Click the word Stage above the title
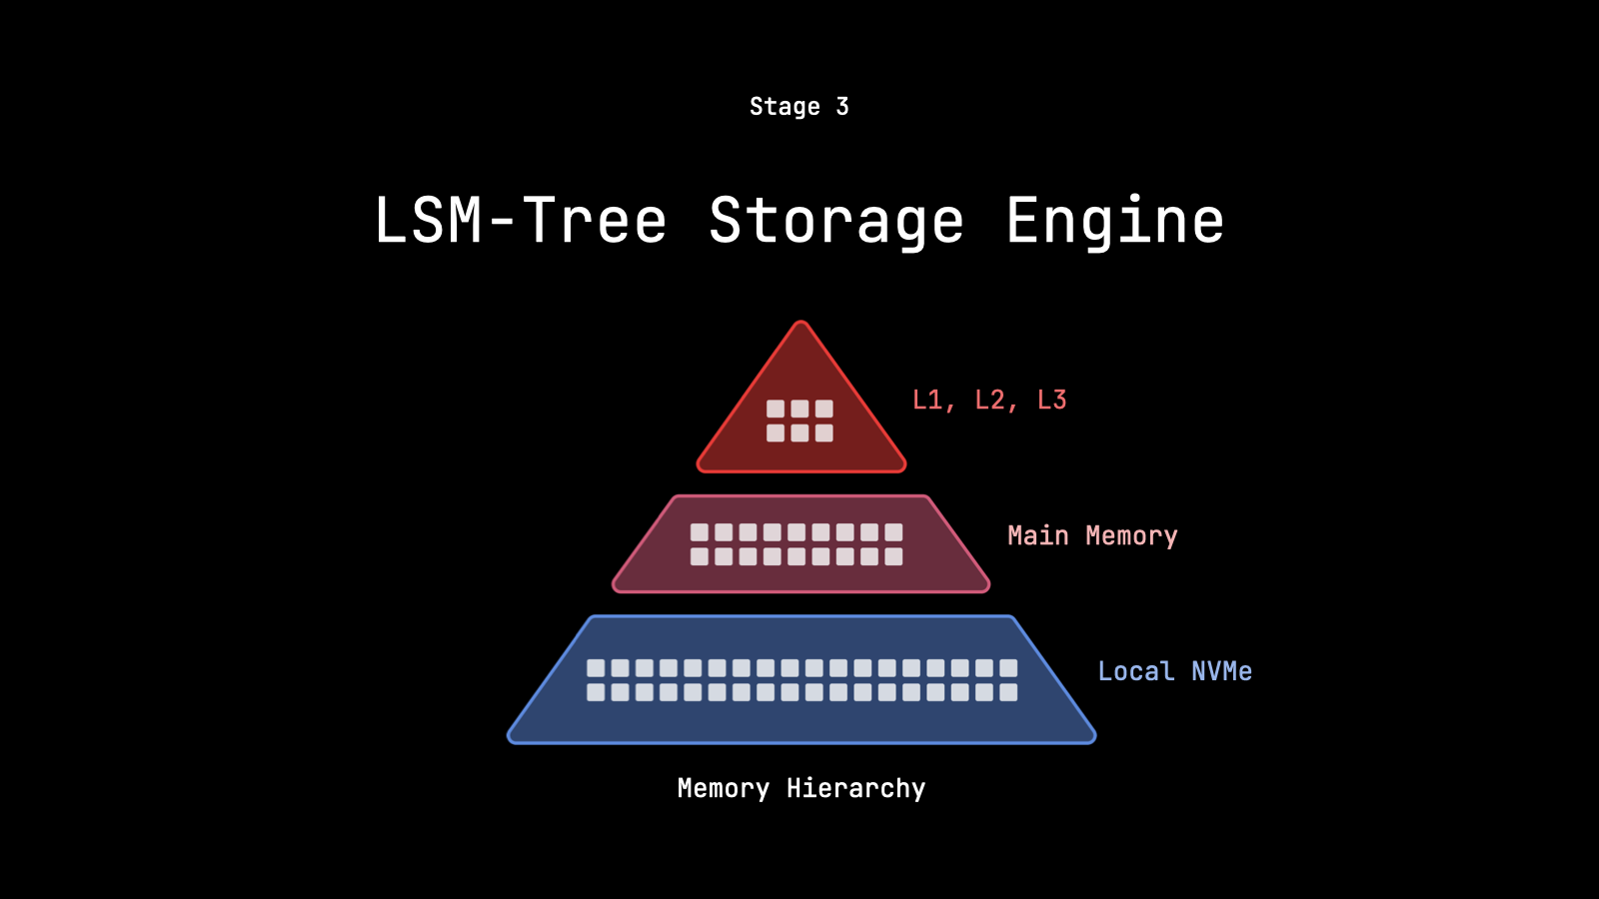tap(785, 107)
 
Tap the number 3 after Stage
tap(842, 107)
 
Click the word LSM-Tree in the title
tap(520, 221)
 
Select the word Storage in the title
tap(836, 221)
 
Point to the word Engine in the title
tap(1114, 221)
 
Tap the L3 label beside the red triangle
tap(1052, 401)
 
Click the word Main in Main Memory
tap(1037, 536)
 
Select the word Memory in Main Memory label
tap(1131, 536)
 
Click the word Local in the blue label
tap(1135, 671)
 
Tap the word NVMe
tap(1221, 671)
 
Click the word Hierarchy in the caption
tap(855, 789)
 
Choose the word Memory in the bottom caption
tap(724, 789)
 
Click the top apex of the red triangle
tap(800, 324)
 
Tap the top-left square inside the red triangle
tap(776, 409)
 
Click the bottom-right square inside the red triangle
tap(823, 433)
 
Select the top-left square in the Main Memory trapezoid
tap(700, 532)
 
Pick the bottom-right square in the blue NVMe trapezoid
tap(1008, 692)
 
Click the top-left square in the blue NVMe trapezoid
tap(596, 667)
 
